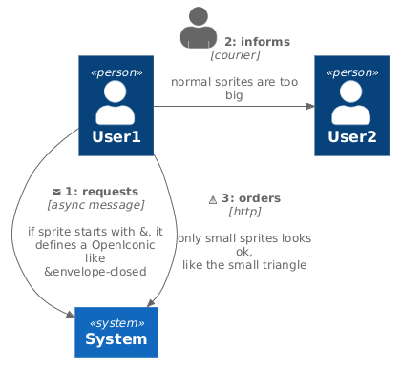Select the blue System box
pos(116,332)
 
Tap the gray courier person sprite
pos(199,28)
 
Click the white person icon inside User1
pos(116,103)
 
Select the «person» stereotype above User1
pos(116,72)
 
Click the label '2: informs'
pos(257,42)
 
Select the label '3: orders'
pos(250,198)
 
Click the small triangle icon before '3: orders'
pos(212,199)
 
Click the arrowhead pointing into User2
pos(308,107)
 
